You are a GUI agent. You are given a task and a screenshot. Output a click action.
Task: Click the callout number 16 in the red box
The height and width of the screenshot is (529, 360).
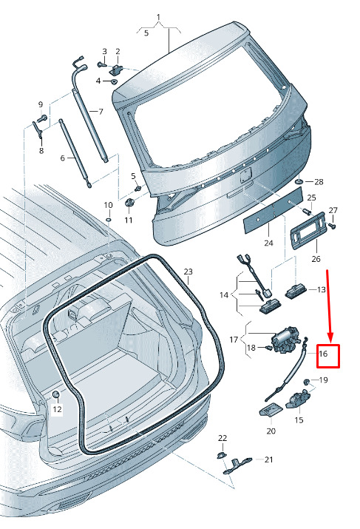(323, 354)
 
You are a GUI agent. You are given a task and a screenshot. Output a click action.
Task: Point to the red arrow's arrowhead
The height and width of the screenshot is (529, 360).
(330, 338)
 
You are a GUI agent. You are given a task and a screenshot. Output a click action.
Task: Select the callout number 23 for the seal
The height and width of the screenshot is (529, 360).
(188, 272)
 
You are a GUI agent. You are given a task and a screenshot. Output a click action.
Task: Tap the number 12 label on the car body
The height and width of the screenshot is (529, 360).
(58, 409)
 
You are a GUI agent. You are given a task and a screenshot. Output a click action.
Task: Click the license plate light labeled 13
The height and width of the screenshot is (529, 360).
(295, 291)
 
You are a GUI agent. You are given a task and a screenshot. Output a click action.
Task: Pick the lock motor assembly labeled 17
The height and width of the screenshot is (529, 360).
(285, 340)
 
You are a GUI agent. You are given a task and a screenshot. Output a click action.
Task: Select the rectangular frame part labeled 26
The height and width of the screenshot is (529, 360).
(308, 230)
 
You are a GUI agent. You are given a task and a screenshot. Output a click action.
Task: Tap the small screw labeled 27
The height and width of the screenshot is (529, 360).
(332, 226)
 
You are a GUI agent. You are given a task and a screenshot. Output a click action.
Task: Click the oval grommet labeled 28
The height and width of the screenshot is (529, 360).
(299, 182)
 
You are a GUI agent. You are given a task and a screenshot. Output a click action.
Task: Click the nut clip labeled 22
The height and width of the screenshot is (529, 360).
(221, 455)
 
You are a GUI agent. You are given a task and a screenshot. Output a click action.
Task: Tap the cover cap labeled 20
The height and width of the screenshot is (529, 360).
(271, 410)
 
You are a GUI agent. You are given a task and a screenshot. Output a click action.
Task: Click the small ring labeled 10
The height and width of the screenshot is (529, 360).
(109, 220)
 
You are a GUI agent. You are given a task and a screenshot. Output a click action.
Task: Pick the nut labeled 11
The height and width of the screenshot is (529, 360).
(129, 203)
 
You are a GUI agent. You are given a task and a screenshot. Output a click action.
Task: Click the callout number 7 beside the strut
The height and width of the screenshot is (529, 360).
(101, 111)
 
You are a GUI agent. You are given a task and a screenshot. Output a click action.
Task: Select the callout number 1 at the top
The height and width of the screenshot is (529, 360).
(158, 17)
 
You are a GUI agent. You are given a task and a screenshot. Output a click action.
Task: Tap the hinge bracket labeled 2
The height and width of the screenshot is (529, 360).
(117, 69)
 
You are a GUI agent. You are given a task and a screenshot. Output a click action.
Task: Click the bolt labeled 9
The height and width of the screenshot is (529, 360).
(43, 118)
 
